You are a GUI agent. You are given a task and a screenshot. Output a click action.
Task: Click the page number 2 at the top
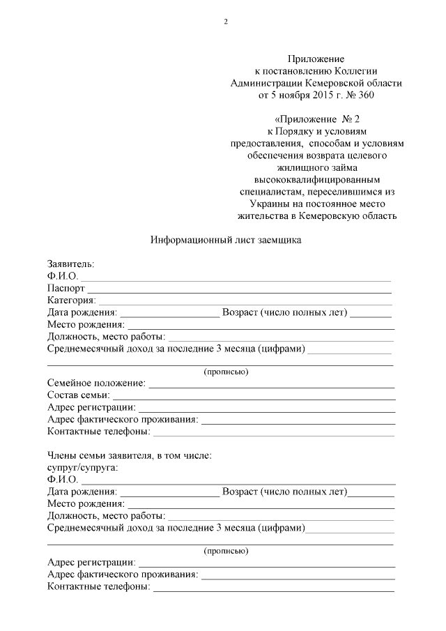(225, 21)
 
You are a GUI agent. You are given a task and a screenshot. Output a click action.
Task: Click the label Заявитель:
(70, 264)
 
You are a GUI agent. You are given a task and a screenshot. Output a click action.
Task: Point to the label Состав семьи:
(79, 395)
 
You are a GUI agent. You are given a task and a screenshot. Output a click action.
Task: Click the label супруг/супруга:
(82, 466)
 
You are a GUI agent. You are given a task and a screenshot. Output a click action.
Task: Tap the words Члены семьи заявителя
(101, 455)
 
